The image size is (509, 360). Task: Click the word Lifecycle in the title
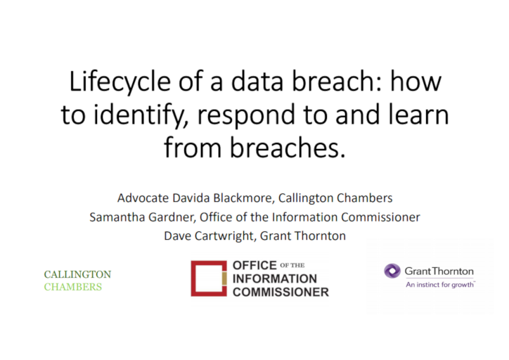coord(120,82)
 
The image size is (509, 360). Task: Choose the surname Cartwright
coord(224,236)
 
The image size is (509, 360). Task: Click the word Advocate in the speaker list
coord(143,198)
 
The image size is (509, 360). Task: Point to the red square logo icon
coord(209,278)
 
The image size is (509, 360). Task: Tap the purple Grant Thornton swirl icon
coord(392,271)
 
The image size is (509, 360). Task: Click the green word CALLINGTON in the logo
coord(77,275)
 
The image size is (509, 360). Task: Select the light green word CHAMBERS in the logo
coord(73,287)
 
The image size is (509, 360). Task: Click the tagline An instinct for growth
coord(440,285)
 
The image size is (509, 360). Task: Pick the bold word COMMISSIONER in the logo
coord(281,292)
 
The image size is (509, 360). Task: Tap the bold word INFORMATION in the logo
coord(275,279)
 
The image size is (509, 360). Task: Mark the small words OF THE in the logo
coord(292,266)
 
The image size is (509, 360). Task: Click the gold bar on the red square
coord(224,278)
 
